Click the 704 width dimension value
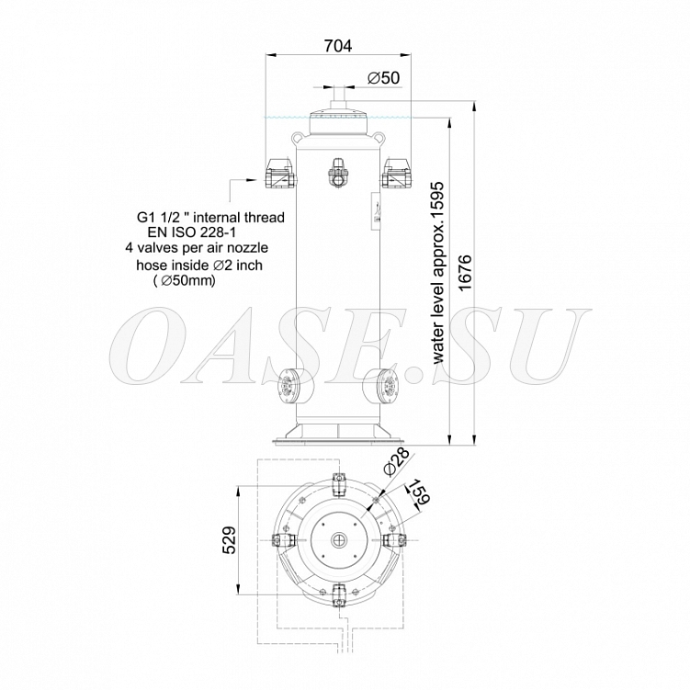pos(337,45)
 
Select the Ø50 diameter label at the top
pos(383,78)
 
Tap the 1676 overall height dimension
pos(465,272)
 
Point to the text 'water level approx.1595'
pos(439,273)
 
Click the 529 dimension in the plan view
pos(230,540)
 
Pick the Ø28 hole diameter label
pos(396,461)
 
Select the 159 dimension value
pos(418,492)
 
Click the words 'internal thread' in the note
pos(239,218)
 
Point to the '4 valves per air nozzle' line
pos(197,248)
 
